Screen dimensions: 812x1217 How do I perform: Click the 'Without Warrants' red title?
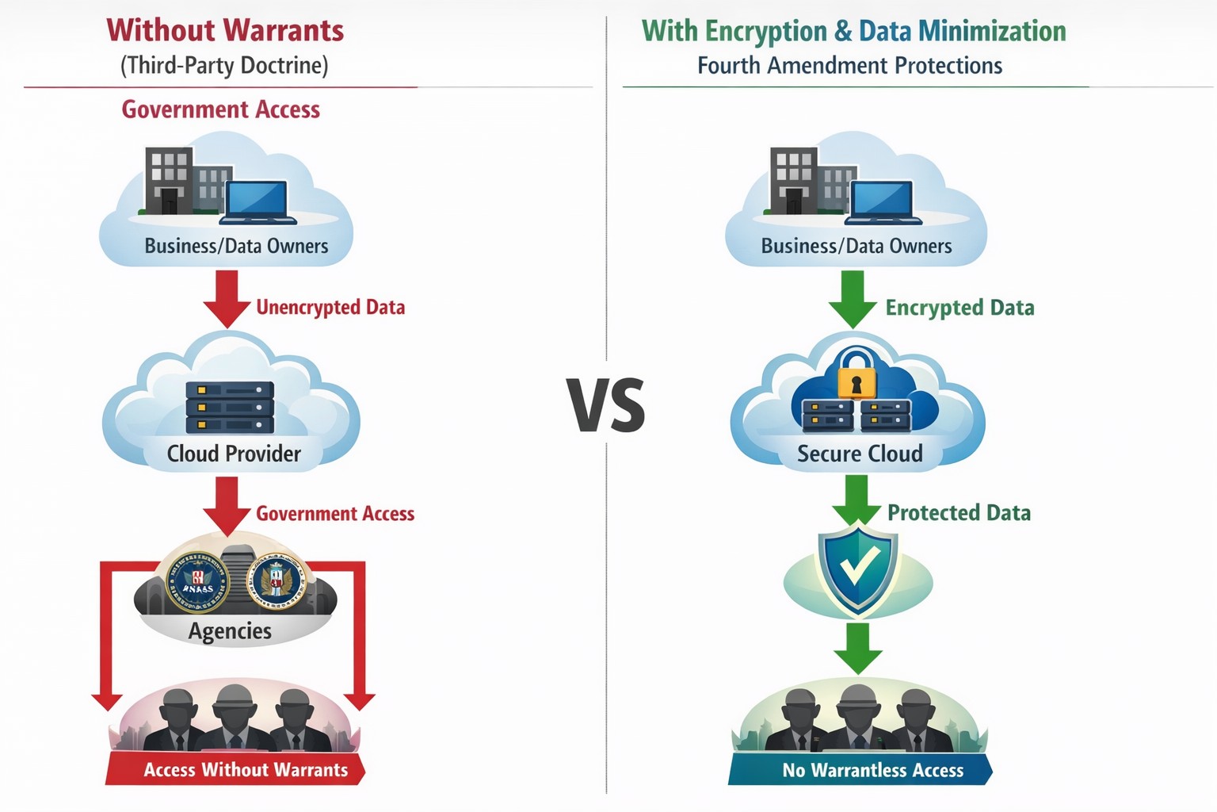click(225, 30)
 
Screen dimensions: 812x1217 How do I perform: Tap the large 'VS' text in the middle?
click(606, 405)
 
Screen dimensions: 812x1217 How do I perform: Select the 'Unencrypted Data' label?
click(330, 308)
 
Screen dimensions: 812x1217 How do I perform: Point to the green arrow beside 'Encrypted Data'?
click(853, 299)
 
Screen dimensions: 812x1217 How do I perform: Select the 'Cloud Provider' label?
click(234, 454)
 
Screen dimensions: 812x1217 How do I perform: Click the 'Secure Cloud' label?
click(860, 454)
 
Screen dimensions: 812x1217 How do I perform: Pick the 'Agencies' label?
click(230, 631)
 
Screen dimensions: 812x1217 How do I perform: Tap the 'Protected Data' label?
click(959, 513)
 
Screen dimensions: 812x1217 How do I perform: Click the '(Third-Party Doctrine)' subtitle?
click(224, 65)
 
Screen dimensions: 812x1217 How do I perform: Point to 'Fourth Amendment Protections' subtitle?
click(849, 66)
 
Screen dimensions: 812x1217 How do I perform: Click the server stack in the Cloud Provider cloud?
click(230, 408)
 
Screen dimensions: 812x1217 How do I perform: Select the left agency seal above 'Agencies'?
click(197, 582)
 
